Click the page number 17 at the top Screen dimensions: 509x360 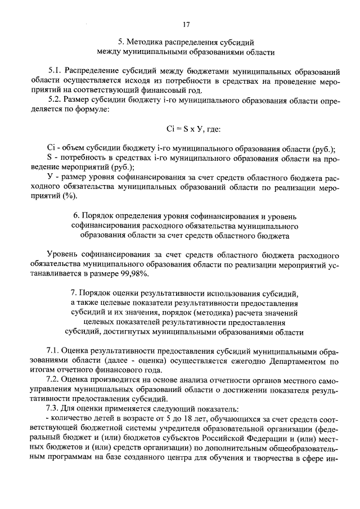coord(186,24)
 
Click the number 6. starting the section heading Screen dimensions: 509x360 coord(77,215)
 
